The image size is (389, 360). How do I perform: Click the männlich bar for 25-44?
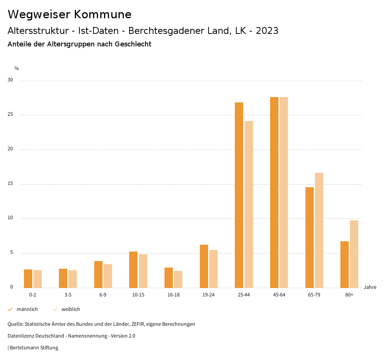tap(239, 195)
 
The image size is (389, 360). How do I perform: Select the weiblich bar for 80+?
tap(354, 254)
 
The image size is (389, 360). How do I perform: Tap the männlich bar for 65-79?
tap(310, 237)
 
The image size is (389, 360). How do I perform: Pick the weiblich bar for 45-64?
tap(284, 192)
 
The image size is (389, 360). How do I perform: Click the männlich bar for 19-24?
tap(204, 266)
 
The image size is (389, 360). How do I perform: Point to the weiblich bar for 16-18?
tap(178, 279)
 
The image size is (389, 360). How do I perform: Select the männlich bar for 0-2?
tap(28, 279)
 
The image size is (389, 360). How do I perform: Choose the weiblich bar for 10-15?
tap(143, 271)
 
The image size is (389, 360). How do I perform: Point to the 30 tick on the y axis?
tap(10, 80)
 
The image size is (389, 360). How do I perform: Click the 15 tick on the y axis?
tap(10, 184)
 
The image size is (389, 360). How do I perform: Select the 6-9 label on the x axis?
tap(103, 295)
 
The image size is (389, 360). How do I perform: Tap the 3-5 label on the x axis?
tap(68, 295)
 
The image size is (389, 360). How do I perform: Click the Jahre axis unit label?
tap(370, 287)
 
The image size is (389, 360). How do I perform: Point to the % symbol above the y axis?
tap(17, 68)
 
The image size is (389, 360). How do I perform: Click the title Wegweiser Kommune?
tap(70, 14)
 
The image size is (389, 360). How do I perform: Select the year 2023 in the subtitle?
tap(267, 31)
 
